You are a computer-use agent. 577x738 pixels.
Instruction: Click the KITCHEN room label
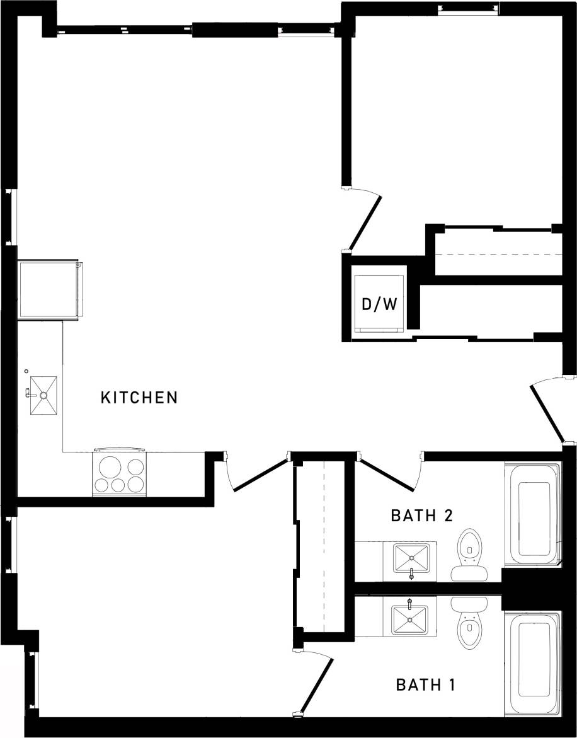(139, 398)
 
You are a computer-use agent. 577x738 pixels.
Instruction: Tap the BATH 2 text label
(421, 516)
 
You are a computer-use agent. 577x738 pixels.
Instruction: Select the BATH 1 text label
(425, 684)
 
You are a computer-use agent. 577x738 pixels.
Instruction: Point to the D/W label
(379, 304)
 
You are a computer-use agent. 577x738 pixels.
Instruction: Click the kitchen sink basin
(43, 395)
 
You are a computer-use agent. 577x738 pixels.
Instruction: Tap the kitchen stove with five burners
(119, 473)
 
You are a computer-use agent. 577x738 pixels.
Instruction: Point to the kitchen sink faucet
(28, 393)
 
